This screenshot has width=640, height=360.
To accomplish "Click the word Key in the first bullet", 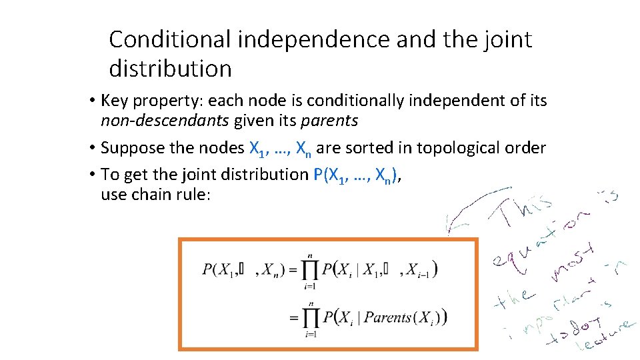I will (115, 101).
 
